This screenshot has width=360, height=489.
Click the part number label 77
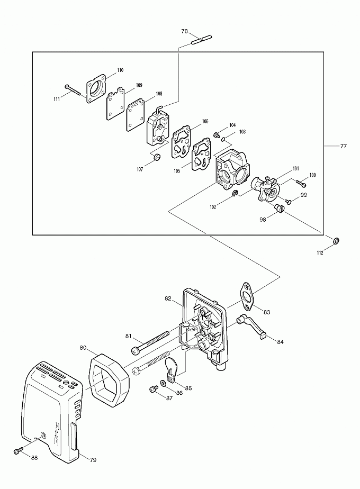coord(343,146)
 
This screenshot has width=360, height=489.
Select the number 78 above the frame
coord(185,31)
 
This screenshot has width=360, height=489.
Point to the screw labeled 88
coord(19,451)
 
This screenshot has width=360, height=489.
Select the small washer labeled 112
coord(336,241)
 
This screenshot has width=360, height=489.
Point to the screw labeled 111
coord(73,89)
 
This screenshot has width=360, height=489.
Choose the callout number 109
coord(139,85)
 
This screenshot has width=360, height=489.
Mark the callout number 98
coord(263,220)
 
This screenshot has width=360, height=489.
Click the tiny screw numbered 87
coord(153,388)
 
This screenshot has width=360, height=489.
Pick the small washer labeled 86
coord(164,383)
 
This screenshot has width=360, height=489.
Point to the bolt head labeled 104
coord(216,135)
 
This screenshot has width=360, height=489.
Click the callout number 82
coord(168,298)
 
